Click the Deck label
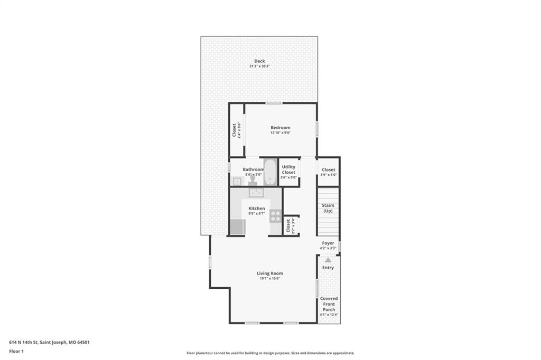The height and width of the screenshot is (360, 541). [x=259, y=61]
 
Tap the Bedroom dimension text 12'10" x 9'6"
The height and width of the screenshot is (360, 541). [x=281, y=132]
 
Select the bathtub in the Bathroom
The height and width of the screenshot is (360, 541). [x=270, y=172]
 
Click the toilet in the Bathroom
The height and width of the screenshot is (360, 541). [x=253, y=180]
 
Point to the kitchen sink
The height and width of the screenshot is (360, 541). [x=256, y=193]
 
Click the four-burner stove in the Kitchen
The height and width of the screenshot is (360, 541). [x=275, y=216]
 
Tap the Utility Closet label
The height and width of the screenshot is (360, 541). [x=288, y=169]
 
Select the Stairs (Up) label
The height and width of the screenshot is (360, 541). [x=328, y=208]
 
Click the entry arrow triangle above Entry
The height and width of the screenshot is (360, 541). [x=328, y=260]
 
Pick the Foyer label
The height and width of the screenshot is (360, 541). [x=328, y=243]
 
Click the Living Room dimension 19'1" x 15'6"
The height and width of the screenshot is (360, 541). [x=270, y=278]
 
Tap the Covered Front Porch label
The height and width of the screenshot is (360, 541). [x=329, y=304]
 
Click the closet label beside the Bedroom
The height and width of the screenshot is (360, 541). [x=234, y=130]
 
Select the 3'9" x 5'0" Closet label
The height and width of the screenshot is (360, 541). [x=328, y=169]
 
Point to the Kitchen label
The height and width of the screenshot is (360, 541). [x=257, y=209]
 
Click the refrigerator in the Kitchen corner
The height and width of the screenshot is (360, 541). [x=238, y=227]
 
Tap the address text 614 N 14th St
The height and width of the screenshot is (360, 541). [x=23, y=343]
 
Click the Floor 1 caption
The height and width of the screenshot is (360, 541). [x=16, y=352]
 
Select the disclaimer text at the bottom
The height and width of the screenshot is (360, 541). [x=270, y=353]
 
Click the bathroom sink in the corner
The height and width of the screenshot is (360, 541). [x=237, y=182]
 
